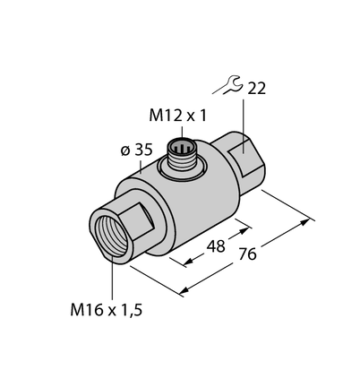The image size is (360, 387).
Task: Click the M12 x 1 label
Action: point(177,116)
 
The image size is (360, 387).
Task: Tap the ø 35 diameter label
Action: point(137,150)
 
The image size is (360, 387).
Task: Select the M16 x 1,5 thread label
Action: point(107,310)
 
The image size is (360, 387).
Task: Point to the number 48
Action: point(216,246)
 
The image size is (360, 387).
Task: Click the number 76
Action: point(247,254)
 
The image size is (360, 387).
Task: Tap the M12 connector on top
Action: point(181,155)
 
